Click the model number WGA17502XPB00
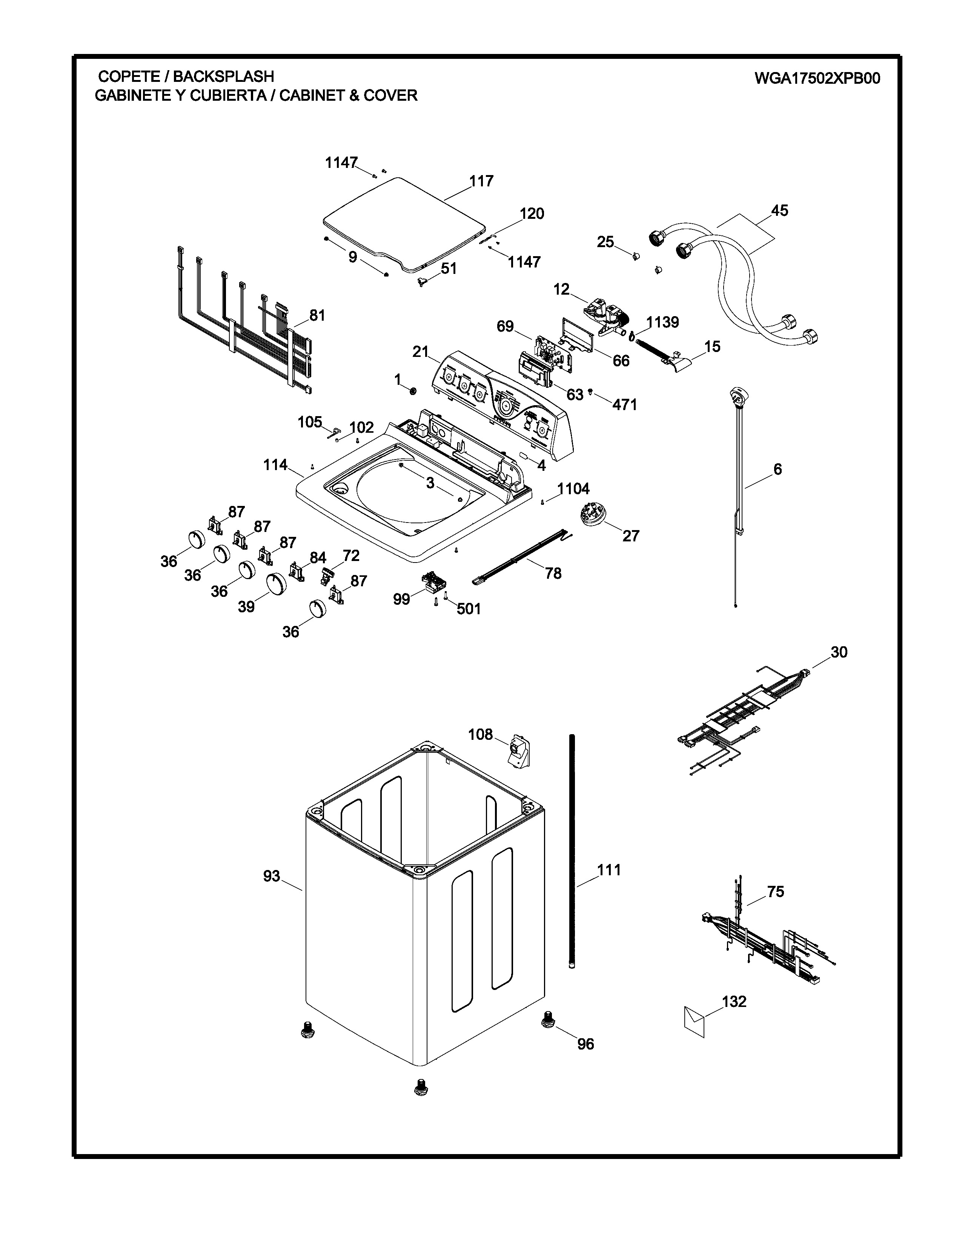[x=817, y=78]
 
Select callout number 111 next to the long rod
[x=609, y=870]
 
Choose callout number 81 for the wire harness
[x=317, y=315]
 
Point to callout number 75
[x=776, y=891]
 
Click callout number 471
[x=625, y=405]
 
